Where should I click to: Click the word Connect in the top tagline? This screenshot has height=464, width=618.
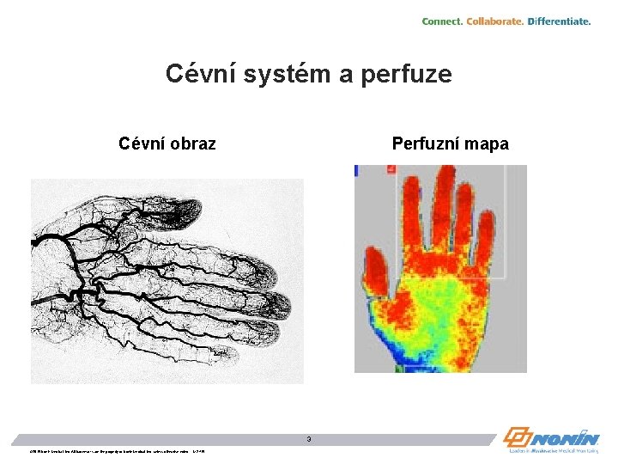[441, 21]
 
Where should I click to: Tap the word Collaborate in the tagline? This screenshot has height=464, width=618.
[494, 21]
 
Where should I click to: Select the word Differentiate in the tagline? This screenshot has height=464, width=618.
[559, 21]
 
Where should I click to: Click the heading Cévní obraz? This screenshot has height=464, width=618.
[167, 143]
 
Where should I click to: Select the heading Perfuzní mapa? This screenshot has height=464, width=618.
[450, 143]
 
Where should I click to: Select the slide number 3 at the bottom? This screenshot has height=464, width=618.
[310, 440]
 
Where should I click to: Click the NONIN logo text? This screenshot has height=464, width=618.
[567, 436]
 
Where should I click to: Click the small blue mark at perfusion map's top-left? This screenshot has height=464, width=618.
[357, 170]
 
